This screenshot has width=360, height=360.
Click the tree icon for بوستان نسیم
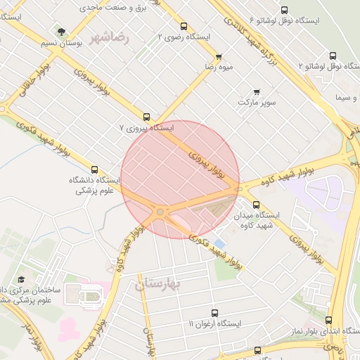point(62,32)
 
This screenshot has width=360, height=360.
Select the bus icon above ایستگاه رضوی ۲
point(184,26)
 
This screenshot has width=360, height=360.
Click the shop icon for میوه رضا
point(219,57)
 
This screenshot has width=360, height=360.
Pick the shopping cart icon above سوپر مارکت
point(257,92)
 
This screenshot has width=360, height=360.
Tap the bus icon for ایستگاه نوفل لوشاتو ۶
point(284,11)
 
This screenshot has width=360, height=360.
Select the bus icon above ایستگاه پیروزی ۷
point(146,117)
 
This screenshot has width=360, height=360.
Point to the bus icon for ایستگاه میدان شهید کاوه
point(255,204)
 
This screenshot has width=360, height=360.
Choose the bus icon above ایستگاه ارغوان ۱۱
point(214,313)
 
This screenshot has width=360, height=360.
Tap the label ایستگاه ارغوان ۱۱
point(214,324)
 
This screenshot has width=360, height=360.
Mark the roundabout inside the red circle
point(160,211)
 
